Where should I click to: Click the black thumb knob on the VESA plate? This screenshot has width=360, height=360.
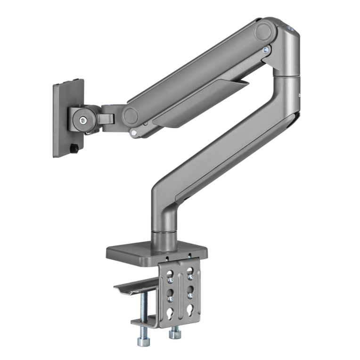tap(75, 149)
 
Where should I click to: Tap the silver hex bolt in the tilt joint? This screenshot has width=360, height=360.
tap(83, 121)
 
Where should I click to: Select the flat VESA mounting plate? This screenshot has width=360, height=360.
tap(68, 118)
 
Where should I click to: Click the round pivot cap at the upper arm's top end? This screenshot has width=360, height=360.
tap(264, 32)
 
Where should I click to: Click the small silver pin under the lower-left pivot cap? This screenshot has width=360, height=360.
tap(135, 133)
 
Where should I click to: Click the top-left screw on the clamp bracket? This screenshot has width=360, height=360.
tap(167, 258)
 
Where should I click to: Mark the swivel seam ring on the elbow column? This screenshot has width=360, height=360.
tap(287, 75)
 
